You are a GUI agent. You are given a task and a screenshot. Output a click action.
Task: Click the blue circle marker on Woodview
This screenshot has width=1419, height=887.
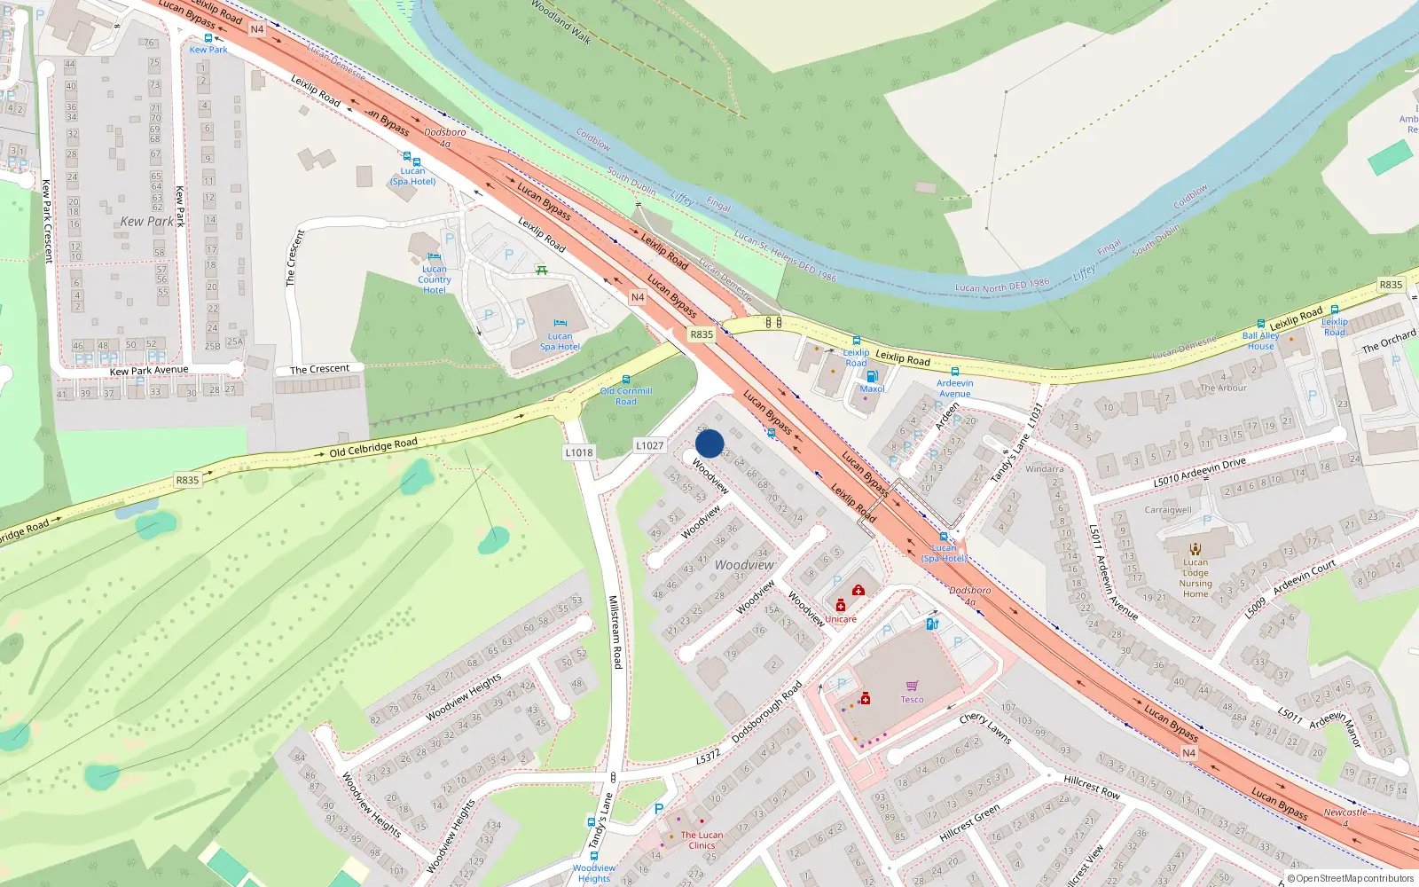pos(709,443)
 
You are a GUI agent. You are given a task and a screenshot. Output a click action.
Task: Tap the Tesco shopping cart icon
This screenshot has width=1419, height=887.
pos(912,686)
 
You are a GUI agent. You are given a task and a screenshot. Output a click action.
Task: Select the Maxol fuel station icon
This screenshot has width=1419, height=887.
pos(872,376)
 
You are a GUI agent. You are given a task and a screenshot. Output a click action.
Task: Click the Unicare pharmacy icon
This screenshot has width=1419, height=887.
pos(841,606)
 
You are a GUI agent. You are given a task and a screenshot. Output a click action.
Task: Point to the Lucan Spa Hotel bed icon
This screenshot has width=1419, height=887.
pos(560,324)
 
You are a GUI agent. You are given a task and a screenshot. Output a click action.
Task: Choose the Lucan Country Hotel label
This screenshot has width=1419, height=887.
pos(435,279)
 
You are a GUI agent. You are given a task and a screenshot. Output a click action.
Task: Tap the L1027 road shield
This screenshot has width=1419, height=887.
pos(649,445)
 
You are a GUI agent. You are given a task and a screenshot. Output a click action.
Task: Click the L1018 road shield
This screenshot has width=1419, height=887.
pos(579,452)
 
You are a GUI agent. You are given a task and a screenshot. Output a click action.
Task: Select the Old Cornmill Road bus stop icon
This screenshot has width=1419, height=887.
pos(626,380)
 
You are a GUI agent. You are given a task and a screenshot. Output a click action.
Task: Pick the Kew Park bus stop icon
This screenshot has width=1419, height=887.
pos(208,38)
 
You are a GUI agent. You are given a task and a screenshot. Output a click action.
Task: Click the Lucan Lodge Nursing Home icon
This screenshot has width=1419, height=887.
pos(1195,548)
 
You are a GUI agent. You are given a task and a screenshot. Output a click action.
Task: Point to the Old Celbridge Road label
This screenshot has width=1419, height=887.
pos(373,447)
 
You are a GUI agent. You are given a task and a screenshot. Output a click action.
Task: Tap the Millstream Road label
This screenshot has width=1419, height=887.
pos(615,632)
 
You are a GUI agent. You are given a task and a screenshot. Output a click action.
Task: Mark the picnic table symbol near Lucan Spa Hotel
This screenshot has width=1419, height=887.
pos(541,270)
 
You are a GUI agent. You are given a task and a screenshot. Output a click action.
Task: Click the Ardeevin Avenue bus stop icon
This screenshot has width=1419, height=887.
pos(954,372)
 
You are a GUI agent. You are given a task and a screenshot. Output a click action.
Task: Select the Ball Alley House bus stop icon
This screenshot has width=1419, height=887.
pos(1260,325)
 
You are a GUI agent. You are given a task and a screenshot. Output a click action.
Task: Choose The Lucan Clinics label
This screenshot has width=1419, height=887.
pos(702,840)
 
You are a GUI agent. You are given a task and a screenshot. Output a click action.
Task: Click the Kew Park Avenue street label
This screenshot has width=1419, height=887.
pos(149,370)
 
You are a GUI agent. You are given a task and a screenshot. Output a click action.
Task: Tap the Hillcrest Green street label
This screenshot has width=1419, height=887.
pos(969,822)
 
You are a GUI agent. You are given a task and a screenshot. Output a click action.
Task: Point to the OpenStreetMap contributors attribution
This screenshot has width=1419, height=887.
pos(1351,878)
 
